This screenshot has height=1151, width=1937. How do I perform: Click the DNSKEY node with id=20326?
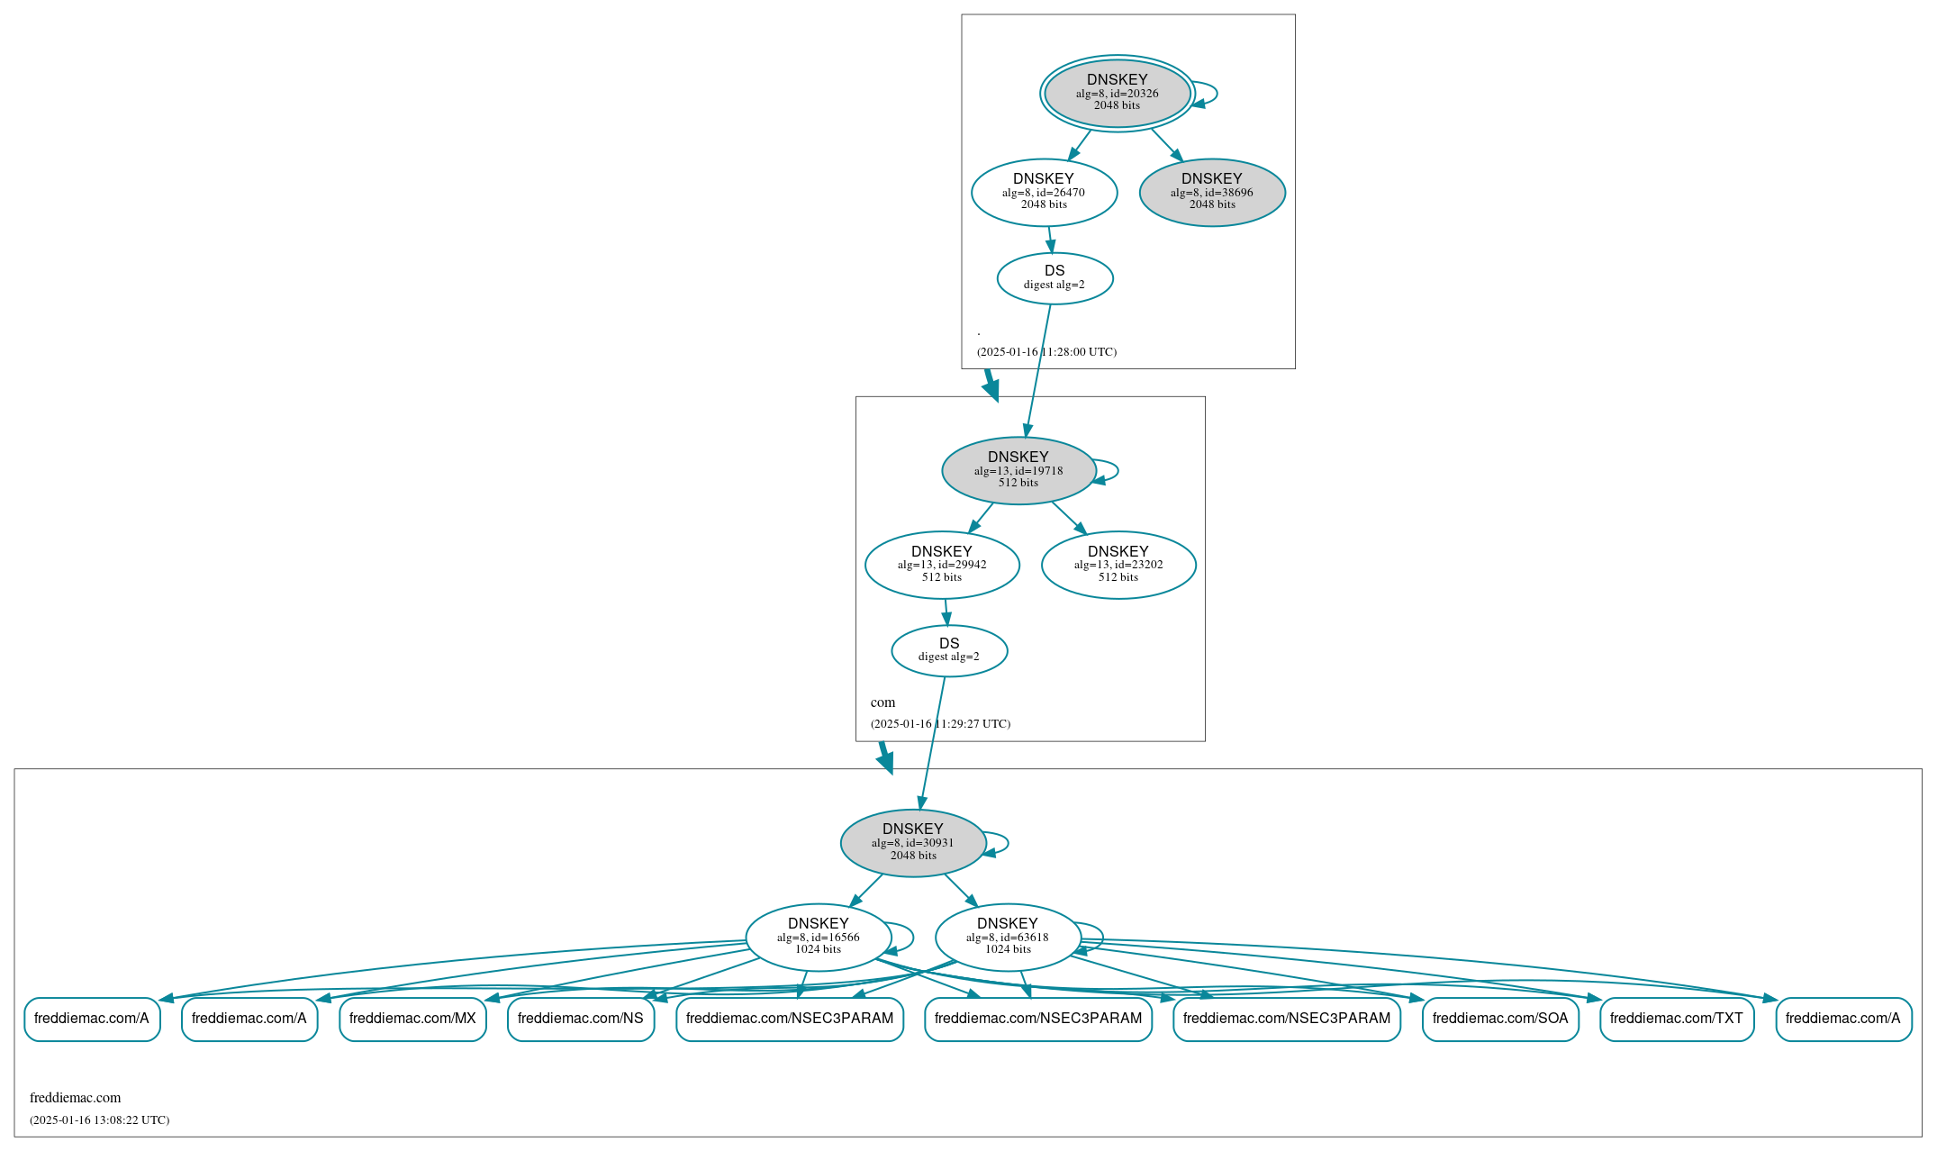pyautogui.click(x=1117, y=93)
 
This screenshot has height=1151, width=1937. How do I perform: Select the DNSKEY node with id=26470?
pyautogui.click(x=1044, y=192)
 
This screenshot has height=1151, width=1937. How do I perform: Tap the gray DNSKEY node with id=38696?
pyautogui.click(x=1211, y=192)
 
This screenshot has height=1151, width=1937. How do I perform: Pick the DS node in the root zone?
pyautogui.click(x=1054, y=277)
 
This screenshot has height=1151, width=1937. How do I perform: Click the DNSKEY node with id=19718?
pyautogui.click(x=1018, y=470)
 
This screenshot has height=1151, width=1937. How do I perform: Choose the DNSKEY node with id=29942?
pyautogui.click(x=941, y=565)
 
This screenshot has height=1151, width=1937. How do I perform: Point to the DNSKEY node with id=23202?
pyautogui.click(x=1118, y=565)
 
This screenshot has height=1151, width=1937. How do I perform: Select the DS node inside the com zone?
pyautogui.click(x=949, y=650)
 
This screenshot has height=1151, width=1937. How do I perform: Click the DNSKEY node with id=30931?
pyautogui.click(x=912, y=842)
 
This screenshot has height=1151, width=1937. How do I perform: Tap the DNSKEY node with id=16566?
pyautogui.click(x=818, y=937)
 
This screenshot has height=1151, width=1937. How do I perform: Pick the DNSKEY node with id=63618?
pyautogui.click(x=1007, y=937)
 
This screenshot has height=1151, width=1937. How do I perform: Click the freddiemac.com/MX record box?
pyautogui.click(x=412, y=1019)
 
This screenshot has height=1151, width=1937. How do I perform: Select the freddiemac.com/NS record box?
pyautogui.click(x=580, y=1019)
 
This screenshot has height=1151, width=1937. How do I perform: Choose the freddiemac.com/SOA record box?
pyautogui.click(x=1499, y=1019)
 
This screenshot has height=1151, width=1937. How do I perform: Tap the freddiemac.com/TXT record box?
pyautogui.click(x=1676, y=1019)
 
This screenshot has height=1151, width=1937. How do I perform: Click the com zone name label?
pyautogui.click(x=883, y=702)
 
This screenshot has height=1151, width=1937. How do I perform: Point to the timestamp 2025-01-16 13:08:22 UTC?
pyautogui.click(x=99, y=1120)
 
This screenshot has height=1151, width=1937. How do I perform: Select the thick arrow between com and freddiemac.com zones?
pyautogui.click(x=885, y=757)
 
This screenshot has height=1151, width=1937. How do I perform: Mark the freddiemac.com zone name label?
pyautogui.click(x=75, y=1098)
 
